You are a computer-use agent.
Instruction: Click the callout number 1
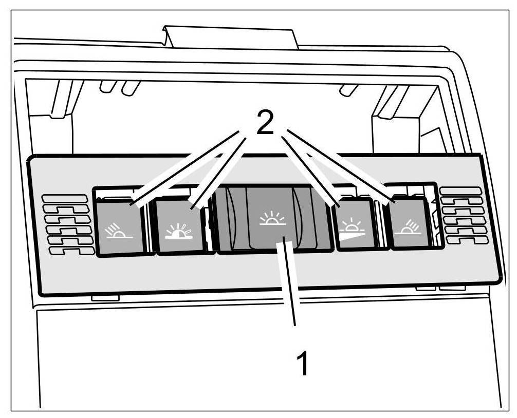point(303,364)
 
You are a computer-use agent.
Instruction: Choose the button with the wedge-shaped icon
point(354,225)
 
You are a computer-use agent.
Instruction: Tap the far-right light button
point(410,224)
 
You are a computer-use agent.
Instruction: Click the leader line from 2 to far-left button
point(185,167)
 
